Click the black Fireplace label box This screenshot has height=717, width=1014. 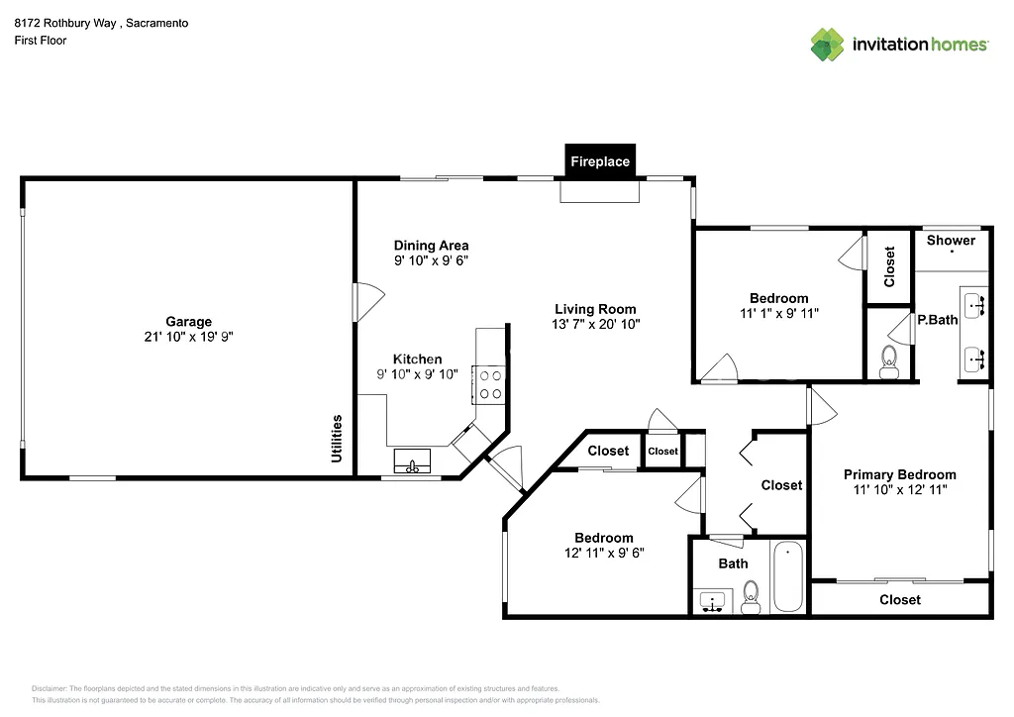tap(599, 161)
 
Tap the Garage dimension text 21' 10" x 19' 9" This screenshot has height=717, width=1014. tap(188, 337)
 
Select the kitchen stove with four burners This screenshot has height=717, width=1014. tap(490, 383)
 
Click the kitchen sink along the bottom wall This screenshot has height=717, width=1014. tap(412, 462)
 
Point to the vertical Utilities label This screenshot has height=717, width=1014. tap(337, 438)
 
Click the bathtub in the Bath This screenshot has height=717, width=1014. tap(789, 577)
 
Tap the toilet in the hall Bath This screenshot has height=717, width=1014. tap(751, 597)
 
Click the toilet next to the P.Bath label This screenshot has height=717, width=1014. tap(888, 358)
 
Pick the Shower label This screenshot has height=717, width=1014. tap(951, 240)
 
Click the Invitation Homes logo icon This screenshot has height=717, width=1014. tap(828, 45)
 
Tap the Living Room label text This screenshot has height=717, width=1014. tap(595, 309)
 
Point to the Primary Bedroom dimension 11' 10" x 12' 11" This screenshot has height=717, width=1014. tap(899, 489)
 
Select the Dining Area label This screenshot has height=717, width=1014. tap(431, 246)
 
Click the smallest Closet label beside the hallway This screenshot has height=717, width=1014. tap(662, 451)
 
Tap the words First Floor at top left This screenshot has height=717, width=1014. tap(41, 41)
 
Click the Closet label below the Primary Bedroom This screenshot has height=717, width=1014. tap(899, 599)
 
